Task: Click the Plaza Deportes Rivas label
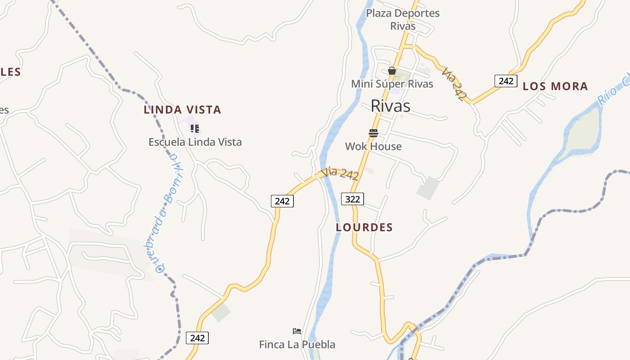(402, 19)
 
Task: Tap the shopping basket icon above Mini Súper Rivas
(392, 71)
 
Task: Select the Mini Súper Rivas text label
(392, 84)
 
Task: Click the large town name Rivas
(391, 106)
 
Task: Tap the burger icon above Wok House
(373, 133)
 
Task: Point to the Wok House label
(373, 146)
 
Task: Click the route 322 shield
(352, 198)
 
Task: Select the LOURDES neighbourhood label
(364, 227)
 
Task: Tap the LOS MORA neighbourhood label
(555, 86)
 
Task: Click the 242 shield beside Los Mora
(506, 81)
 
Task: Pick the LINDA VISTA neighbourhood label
(182, 109)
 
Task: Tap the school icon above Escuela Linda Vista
(195, 129)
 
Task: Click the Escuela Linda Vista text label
(195, 142)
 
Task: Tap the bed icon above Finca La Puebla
(297, 331)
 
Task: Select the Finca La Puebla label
(297, 345)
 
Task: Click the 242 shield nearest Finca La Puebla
(197, 338)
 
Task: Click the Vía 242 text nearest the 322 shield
(340, 174)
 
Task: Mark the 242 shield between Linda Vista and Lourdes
(282, 201)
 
